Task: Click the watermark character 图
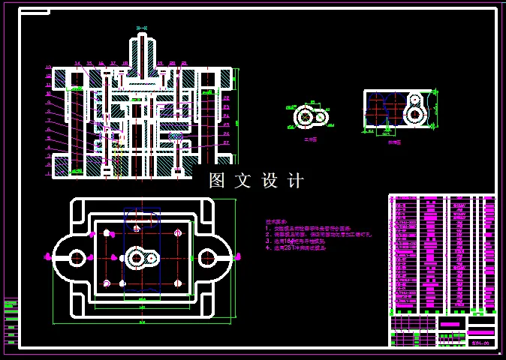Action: pos(217,181)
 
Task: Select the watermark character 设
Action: pos(270,181)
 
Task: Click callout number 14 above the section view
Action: pos(77,64)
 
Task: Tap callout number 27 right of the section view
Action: pos(226,142)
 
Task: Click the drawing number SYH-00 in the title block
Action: pos(480,342)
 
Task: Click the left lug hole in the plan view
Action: pos(77,257)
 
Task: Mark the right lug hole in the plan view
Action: pos(206,257)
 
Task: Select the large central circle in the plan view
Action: pos(137,258)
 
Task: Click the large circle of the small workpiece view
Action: pos(305,117)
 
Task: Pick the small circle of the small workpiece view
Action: pos(319,117)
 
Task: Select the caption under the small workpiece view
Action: pos(309,139)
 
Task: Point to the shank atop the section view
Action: pos(142,52)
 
